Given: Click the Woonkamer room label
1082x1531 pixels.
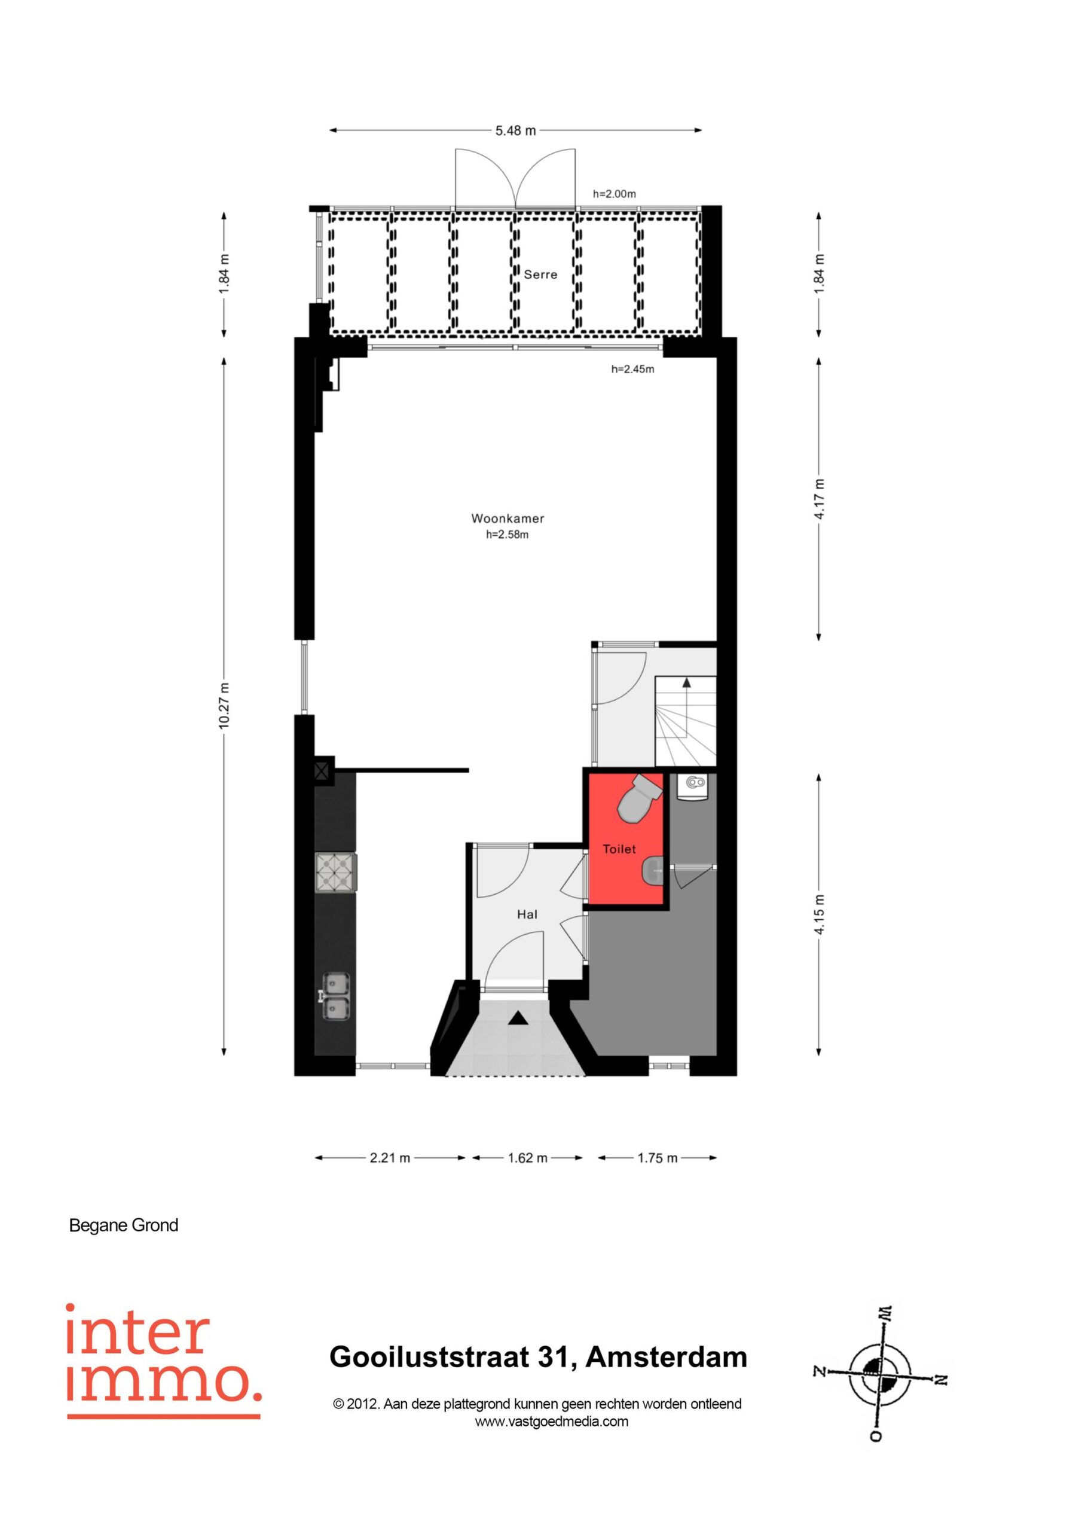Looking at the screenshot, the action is point(508,518).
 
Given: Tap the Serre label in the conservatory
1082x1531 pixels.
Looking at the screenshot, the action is point(540,274).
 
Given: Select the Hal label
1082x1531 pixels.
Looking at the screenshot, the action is point(527,914).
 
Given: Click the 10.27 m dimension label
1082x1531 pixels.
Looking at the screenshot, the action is point(225,706).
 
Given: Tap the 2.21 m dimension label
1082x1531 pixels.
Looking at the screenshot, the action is point(390,1158).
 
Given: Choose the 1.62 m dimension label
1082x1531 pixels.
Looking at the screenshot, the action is point(527,1158).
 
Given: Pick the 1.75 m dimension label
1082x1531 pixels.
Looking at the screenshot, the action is point(658,1158).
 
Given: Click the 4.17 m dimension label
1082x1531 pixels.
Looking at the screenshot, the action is point(820,499).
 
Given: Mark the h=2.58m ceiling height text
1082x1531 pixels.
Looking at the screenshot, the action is point(508,534).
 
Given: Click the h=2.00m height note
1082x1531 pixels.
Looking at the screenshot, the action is point(615,194).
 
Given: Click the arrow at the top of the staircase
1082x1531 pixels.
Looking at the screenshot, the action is point(686,682).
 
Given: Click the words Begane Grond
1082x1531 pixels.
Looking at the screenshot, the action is point(124,1225).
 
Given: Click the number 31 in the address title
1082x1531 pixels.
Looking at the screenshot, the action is point(557,1357).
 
